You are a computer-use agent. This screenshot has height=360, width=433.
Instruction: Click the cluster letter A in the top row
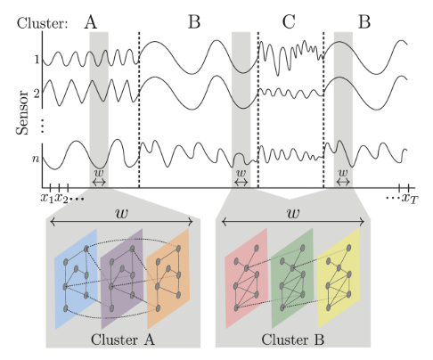point(91,21)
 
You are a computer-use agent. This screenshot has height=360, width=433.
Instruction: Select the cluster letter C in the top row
point(289,21)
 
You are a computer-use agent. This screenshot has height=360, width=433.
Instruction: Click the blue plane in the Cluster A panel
point(70,276)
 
